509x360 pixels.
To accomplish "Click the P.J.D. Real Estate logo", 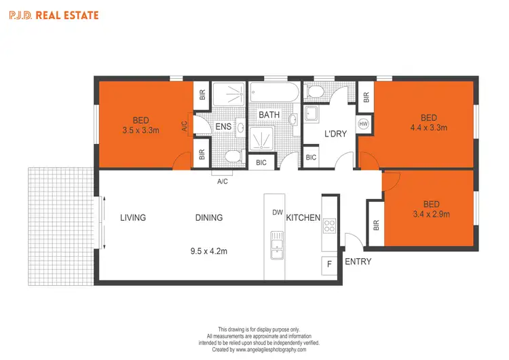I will (x=54, y=14).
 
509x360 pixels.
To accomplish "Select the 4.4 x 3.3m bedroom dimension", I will (x=428, y=127).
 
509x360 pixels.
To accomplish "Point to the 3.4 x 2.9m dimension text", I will (x=431, y=214).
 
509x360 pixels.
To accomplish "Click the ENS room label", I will (x=224, y=127).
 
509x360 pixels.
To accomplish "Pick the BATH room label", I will (x=269, y=115).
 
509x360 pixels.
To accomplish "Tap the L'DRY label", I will (x=335, y=134).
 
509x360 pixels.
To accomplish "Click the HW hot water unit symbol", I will (x=364, y=124).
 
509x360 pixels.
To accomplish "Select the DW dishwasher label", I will (x=277, y=213).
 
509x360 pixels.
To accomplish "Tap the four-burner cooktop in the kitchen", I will (x=330, y=226).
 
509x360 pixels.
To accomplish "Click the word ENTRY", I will (x=358, y=262).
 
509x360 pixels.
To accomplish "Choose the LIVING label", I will (x=133, y=217).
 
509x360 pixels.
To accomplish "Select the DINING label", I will (x=208, y=217).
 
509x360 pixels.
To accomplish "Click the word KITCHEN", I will (x=303, y=217).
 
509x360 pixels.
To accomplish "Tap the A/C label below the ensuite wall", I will (x=222, y=181).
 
